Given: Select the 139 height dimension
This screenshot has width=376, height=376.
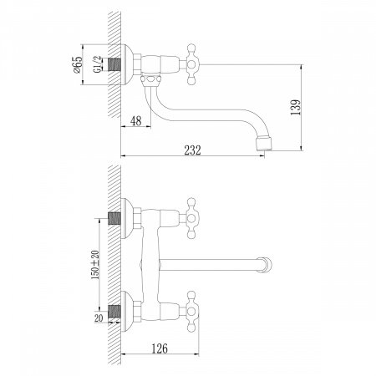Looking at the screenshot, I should [312, 106].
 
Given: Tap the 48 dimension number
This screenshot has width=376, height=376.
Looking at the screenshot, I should [136, 122].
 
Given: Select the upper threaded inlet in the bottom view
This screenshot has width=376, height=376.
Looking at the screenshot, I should [117, 220].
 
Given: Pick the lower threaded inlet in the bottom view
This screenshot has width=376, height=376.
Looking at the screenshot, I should [117, 311].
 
